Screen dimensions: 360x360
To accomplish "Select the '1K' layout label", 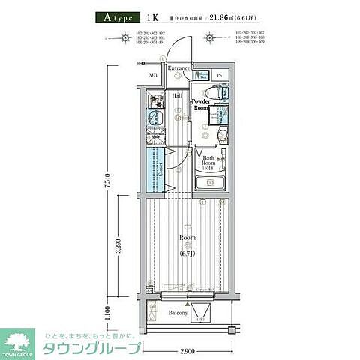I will pos(152,16).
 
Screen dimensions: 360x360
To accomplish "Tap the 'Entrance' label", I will pos(179,68).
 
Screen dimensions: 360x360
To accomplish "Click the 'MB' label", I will pos(153,76).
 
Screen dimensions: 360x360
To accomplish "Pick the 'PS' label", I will pos(220,76).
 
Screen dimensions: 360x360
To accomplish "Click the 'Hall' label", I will pos(178,96).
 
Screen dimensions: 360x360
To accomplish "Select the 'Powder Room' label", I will pos(200,104).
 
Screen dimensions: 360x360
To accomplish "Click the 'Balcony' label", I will pos(178,312).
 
